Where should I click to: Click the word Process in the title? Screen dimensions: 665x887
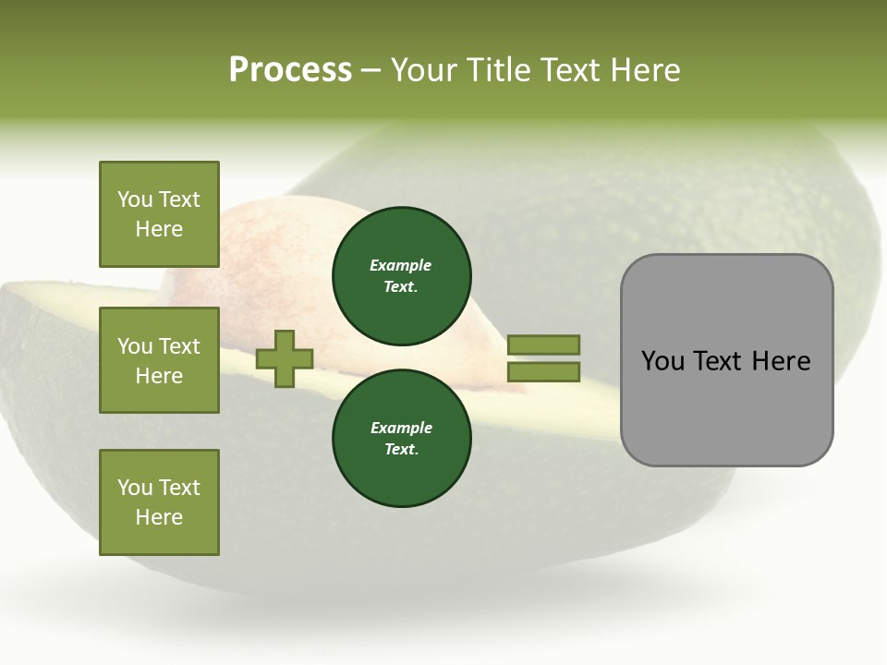pyautogui.click(x=290, y=70)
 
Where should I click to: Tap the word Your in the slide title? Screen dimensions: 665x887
pyautogui.click(x=427, y=70)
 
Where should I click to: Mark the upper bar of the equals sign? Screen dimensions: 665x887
pyautogui.click(x=543, y=345)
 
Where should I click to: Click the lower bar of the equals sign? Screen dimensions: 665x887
pyautogui.click(x=543, y=372)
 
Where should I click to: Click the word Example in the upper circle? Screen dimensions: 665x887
pyautogui.click(x=401, y=265)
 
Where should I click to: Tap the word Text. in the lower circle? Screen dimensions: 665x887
pyautogui.click(x=402, y=449)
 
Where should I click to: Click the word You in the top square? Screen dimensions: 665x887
pyautogui.click(x=135, y=199)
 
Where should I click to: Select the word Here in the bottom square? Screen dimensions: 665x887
pyautogui.click(x=159, y=517)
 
